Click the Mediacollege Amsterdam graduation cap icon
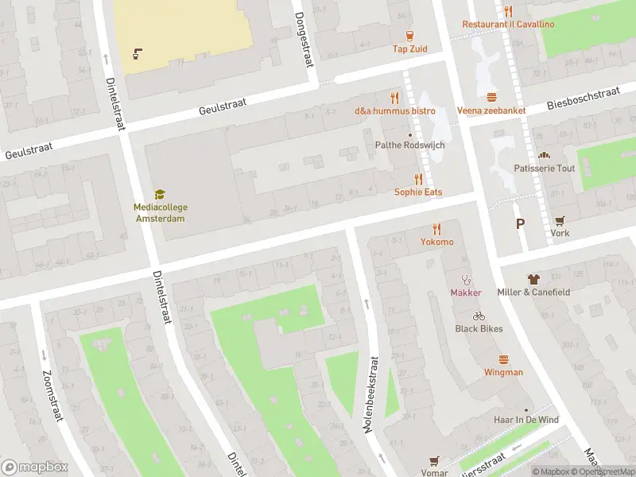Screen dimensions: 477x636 click(x=160, y=194)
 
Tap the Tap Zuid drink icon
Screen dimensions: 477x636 click(x=410, y=35)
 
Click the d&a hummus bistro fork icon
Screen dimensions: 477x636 click(x=395, y=97)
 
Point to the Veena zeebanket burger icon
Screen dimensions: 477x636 click(x=491, y=97)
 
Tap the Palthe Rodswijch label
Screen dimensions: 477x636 click(x=410, y=145)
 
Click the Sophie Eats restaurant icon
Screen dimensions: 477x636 click(x=418, y=179)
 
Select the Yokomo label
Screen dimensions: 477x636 click(x=437, y=242)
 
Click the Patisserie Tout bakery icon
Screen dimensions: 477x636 click(x=545, y=155)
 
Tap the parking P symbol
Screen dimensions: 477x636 click(x=520, y=224)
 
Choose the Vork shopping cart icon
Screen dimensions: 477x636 click(x=560, y=220)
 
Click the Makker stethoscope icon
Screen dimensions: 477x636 click(x=467, y=279)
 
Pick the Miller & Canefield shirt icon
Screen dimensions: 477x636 click(x=533, y=279)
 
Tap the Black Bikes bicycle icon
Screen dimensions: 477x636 click(x=479, y=316)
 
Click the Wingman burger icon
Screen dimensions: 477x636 click(x=503, y=359)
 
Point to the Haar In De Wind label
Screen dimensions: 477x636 click(x=525, y=420)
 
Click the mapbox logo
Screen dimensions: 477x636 click(x=35, y=467)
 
